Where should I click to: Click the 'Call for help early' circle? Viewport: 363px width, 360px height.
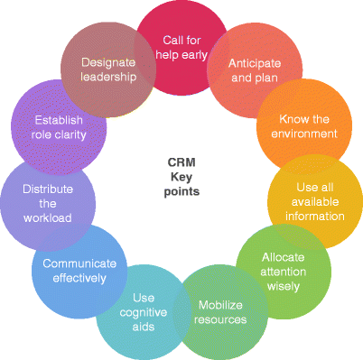(x=185, y=47)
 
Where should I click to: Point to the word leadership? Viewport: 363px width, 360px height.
(x=108, y=77)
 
